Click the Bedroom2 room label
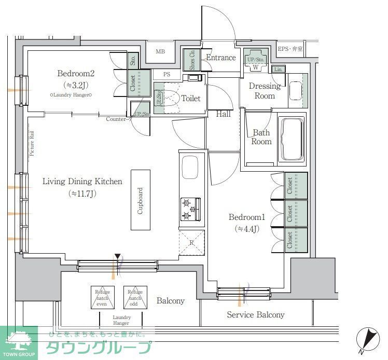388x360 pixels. coord(76,73)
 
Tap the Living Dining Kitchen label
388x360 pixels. coord(82,182)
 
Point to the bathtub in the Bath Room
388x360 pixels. coord(294,139)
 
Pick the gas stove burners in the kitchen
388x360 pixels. coord(188,209)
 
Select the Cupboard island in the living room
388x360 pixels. coord(140,200)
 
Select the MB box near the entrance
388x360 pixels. coord(160,51)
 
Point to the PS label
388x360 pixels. coord(167,75)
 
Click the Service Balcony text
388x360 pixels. coord(256,315)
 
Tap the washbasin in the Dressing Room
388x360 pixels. coord(295,91)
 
